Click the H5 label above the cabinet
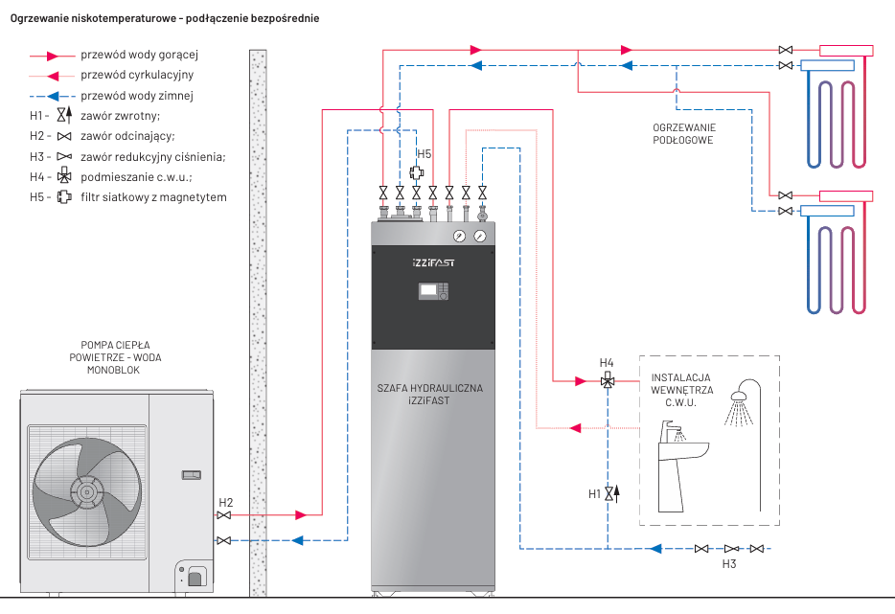tap(425, 153)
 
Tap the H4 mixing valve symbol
tap(607, 381)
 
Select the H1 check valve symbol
tap(608, 493)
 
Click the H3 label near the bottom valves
tap(729, 564)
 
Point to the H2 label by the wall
tap(225, 502)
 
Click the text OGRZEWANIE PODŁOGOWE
tap(684, 133)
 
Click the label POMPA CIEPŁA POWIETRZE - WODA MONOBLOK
tap(115, 356)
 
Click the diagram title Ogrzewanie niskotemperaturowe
tap(165, 18)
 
